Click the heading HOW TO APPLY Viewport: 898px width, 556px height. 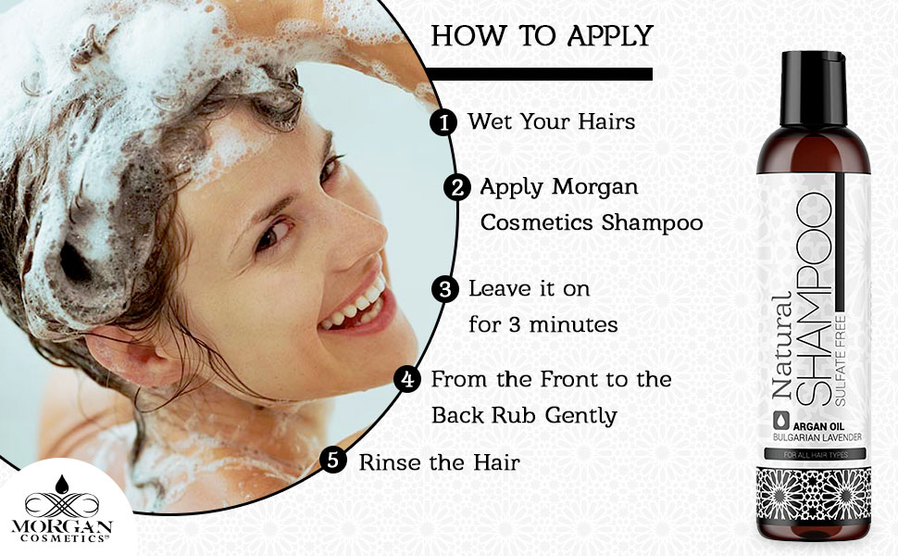click(x=542, y=36)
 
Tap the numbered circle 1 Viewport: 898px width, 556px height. click(x=445, y=122)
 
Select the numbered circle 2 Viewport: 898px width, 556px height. click(x=456, y=187)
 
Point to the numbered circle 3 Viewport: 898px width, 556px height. click(x=446, y=289)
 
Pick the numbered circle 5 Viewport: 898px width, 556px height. click(x=334, y=461)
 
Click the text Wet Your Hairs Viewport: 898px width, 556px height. click(x=538, y=121)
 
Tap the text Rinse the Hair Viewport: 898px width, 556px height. click(x=439, y=461)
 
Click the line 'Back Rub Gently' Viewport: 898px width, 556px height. click(x=524, y=414)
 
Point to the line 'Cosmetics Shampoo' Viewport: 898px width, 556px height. click(x=591, y=223)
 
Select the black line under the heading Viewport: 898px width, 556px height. click(x=542, y=74)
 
